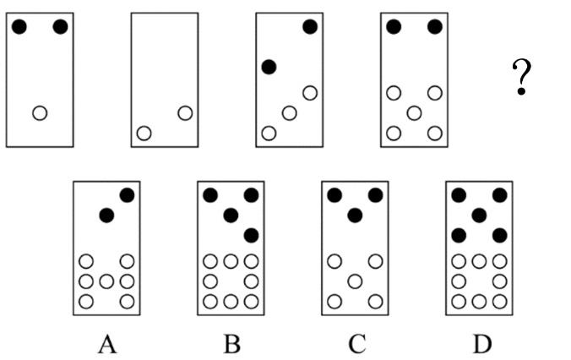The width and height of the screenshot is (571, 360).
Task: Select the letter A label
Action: pos(107,344)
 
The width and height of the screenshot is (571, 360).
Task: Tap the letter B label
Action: pos(232,344)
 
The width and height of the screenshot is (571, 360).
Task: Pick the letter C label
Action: pos(356,344)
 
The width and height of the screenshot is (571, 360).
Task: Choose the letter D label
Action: pos(482,344)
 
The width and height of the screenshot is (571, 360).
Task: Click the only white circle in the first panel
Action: pos(40,113)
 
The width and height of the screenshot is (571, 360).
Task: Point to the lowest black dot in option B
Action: pos(251,236)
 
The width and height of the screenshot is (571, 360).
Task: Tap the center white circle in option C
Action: pos(355,281)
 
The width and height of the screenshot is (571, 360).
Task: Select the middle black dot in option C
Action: pos(355,215)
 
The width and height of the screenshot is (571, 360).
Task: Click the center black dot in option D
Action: pos(479,215)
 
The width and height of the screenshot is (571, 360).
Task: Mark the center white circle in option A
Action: pos(106,281)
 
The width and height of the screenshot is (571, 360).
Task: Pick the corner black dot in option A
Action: pos(127,195)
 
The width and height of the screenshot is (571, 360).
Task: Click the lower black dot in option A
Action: pos(106,215)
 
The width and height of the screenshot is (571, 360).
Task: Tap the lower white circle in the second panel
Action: pos(144,134)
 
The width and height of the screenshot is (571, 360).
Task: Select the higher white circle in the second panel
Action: pos(185,113)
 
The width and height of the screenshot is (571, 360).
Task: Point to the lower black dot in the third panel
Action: pos(269,67)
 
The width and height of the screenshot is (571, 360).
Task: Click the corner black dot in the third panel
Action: pos(310,26)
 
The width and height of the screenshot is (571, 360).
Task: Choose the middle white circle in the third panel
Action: pos(289,113)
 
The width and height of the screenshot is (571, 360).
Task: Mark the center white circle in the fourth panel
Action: pos(414,113)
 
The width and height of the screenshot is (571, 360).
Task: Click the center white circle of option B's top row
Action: pos(231,261)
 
